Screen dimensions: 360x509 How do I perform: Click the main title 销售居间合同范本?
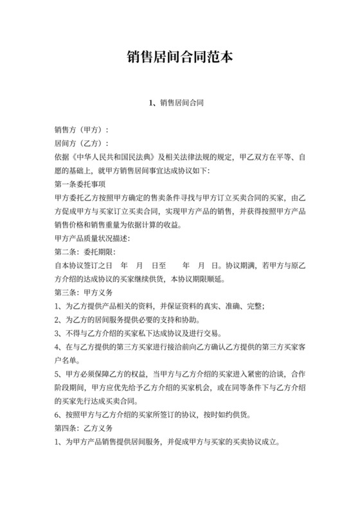(x=179, y=58)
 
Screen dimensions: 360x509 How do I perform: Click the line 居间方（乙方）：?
(x=82, y=143)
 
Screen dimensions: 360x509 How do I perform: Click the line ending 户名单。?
(x=69, y=362)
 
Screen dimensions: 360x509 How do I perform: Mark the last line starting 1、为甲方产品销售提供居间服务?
(x=168, y=443)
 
